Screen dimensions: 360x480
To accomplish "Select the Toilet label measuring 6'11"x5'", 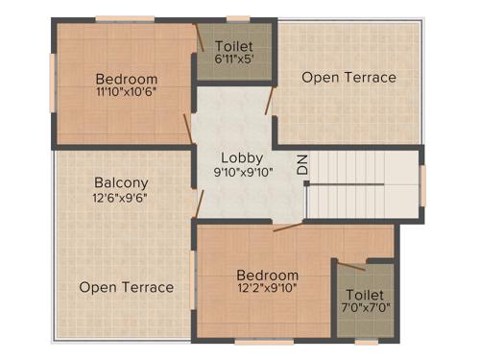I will (234, 46).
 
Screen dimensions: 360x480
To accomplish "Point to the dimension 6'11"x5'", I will (234, 60).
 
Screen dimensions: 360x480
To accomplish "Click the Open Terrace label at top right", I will (348, 77).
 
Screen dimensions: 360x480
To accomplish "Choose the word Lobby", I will (241, 157).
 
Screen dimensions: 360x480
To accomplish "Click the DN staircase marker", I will (302, 165).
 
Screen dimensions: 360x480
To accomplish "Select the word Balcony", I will (121, 182).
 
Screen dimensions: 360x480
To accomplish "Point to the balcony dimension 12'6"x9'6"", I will (121, 199).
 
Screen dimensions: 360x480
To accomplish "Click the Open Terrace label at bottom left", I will (127, 287).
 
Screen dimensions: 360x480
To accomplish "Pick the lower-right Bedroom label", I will (268, 275).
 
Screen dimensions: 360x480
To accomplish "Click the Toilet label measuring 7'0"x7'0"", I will (365, 295).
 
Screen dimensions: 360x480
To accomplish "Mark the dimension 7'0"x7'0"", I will (365, 309).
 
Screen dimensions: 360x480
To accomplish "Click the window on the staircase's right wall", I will (421, 185).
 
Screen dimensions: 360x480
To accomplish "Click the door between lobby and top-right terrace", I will (272, 100).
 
